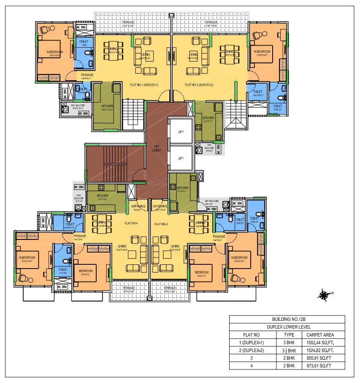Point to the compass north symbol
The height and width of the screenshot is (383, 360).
324,295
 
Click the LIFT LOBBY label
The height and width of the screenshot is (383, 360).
155,147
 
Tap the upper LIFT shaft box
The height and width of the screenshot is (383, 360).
181,132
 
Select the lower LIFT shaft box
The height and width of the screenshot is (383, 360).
181,158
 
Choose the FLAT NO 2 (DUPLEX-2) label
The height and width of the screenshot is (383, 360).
199,85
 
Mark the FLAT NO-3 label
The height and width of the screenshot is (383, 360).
162,224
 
